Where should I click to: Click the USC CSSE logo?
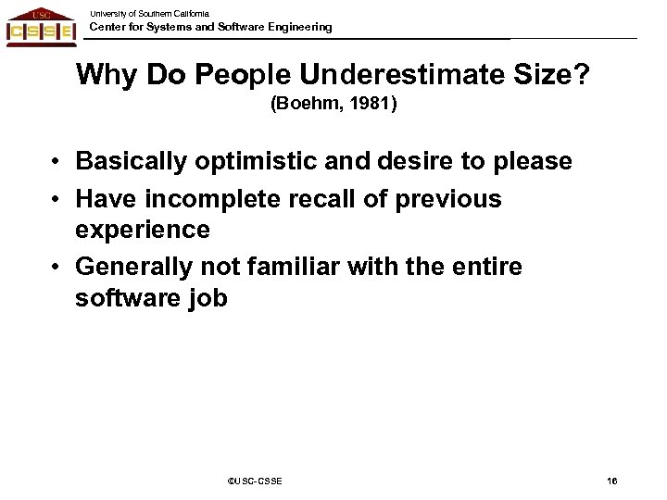[41, 26]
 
